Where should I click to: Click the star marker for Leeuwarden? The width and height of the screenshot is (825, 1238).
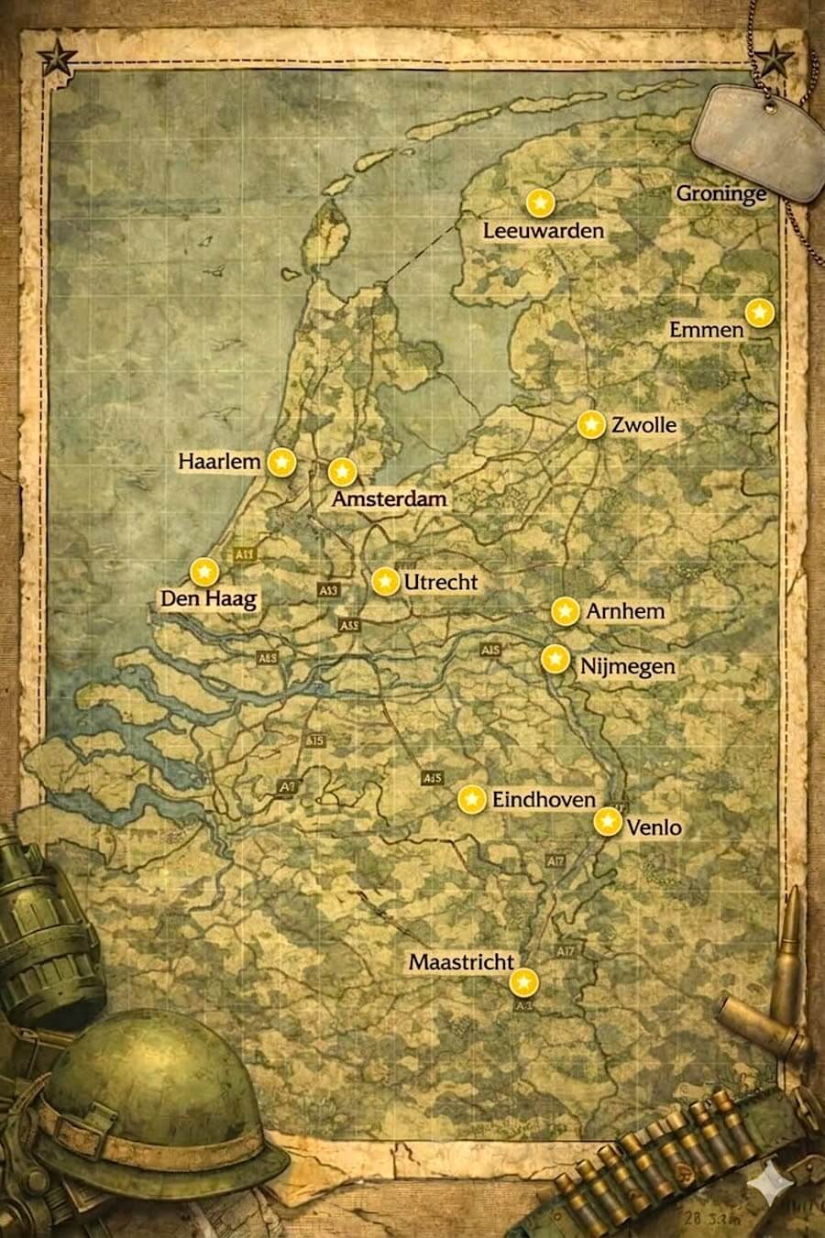pyautogui.click(x=541, y=203)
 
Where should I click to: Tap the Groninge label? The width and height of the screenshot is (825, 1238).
pyautogui.click(x=721, y=194)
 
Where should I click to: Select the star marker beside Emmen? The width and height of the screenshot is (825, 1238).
pyautogui.click(x=759, y=313)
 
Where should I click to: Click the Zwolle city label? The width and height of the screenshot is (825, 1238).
pyautogui.click(x=644, y=425)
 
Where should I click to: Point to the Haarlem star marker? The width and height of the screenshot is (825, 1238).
pyautogui.click(x=282, y=464)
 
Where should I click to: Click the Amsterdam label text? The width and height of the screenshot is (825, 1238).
pyautogui.click(x=390, y=499)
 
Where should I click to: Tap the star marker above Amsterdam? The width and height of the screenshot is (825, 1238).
pyautogui.click(x=342, y=472)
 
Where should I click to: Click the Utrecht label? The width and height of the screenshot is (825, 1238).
pyautogui.click(x=441, y=582)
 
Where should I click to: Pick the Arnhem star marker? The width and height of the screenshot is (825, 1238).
pyautogui.click(x=565, y=611)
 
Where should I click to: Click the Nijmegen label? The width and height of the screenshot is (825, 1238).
pyautogui.click(x=628, y=666)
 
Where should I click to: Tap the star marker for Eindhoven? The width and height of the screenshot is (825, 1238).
pyautogui.click(x=471, y=799)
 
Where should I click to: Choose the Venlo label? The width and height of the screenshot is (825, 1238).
pyautogui.click(x=654, y=827)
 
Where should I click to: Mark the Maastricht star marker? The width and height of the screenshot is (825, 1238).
pyautogui.click(x=522, y=983)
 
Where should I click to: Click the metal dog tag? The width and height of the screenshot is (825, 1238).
pyautogui.click(x=757, y=134)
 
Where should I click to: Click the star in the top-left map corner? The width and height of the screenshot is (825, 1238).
pyautogui.click(x=57, y=60)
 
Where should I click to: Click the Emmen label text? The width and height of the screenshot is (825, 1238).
pyautogui.click(x=706, y=329)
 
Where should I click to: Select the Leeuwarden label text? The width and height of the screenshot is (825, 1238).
pyautogui.click(x=544, y=230)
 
